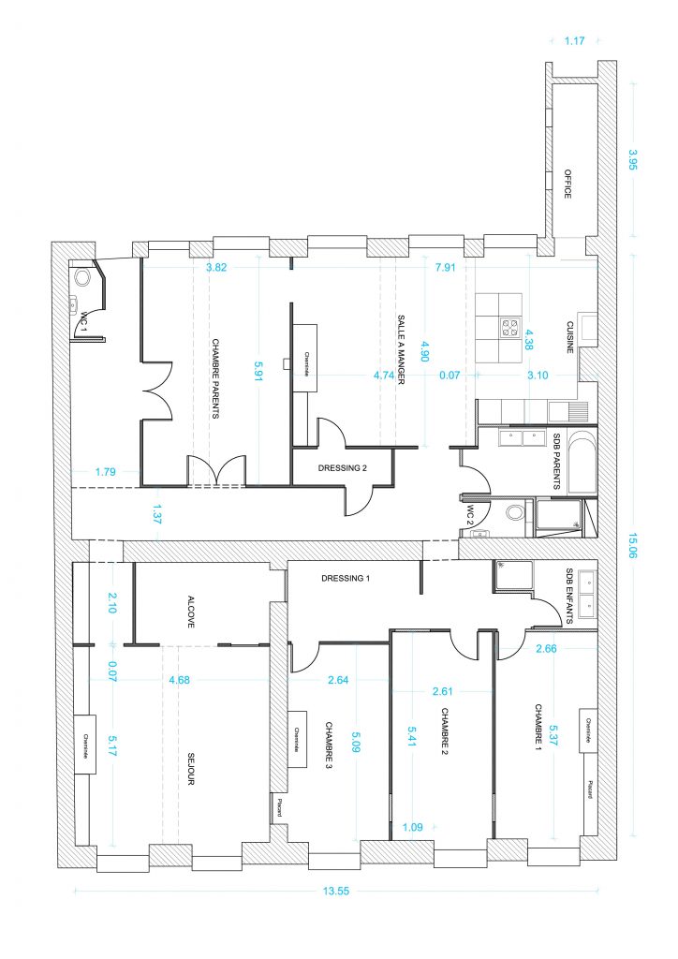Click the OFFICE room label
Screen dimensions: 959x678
point(567,184)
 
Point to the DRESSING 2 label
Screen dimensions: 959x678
point(342,468)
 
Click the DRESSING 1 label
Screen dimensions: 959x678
point(345,578)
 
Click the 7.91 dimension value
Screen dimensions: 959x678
point(445,267)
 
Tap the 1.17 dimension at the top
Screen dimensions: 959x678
point(574,40)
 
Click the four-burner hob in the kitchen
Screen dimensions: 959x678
point(511,328)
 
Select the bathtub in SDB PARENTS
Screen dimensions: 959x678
point(581,462)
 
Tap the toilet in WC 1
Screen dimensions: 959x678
point(84,278)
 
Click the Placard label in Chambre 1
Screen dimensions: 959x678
point(590,783)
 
